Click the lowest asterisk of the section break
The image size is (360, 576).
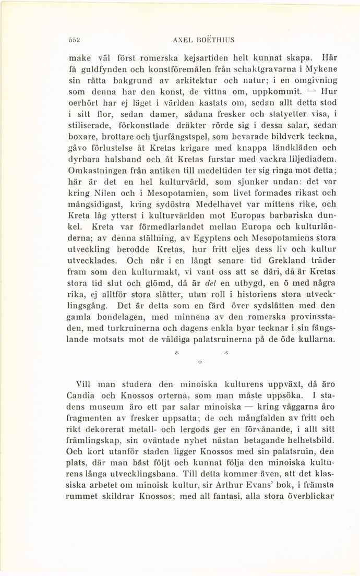click(200, 361)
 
